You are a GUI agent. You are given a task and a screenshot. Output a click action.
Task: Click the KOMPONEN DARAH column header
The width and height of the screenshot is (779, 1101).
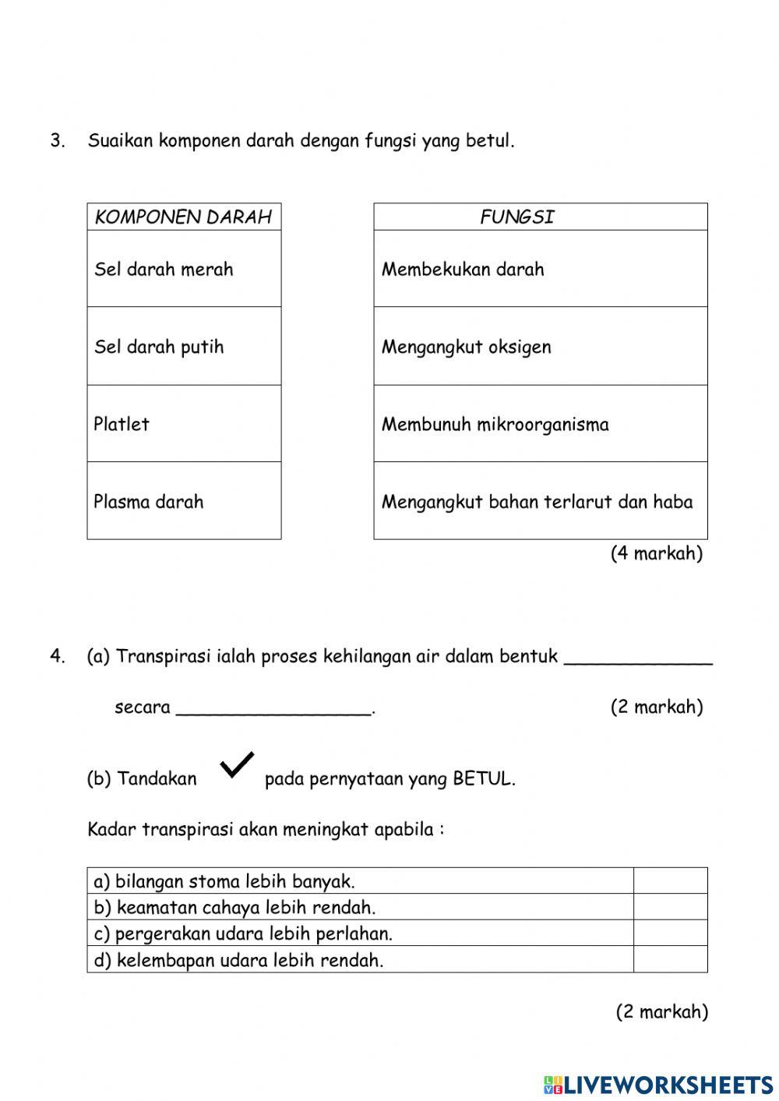click(184, 217)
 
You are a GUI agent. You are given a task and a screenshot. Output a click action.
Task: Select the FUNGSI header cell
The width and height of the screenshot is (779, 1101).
click(541, 217)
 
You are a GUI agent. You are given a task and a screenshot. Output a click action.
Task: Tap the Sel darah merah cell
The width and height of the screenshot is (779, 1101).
click(184, 269)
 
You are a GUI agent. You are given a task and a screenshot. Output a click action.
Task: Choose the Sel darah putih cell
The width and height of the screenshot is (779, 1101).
click(184, 346)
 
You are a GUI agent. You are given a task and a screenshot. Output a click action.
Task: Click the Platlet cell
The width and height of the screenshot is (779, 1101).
click(184, 423)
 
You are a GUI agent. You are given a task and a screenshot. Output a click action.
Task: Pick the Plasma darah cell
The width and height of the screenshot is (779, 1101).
click(184, 500)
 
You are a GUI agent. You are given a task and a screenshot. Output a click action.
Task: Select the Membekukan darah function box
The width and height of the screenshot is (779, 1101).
click(541, 269)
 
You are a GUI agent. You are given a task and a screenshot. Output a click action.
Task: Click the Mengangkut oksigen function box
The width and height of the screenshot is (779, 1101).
click(541, 346)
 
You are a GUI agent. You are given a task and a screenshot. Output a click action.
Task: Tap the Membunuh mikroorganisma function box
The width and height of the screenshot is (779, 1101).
click(541, 423)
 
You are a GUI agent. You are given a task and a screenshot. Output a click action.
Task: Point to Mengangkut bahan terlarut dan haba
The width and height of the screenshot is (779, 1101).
click(541, 501)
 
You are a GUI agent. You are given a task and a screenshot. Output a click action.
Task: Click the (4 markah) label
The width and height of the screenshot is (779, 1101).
click(656, 553)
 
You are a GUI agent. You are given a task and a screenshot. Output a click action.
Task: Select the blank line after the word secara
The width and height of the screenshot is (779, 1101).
click(274, 711)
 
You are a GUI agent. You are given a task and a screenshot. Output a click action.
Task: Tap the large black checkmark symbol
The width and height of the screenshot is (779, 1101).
click(237, 765)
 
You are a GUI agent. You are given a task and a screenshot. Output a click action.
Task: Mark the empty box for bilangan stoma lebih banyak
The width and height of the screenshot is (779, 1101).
click(670, 881)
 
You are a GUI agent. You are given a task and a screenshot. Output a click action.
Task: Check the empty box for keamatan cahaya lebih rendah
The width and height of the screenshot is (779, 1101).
click(670, 907)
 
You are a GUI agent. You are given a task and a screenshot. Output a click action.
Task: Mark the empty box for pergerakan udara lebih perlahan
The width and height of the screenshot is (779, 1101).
click(670, 933)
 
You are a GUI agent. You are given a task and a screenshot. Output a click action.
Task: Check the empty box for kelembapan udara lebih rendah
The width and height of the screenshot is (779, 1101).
click(670, 959)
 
